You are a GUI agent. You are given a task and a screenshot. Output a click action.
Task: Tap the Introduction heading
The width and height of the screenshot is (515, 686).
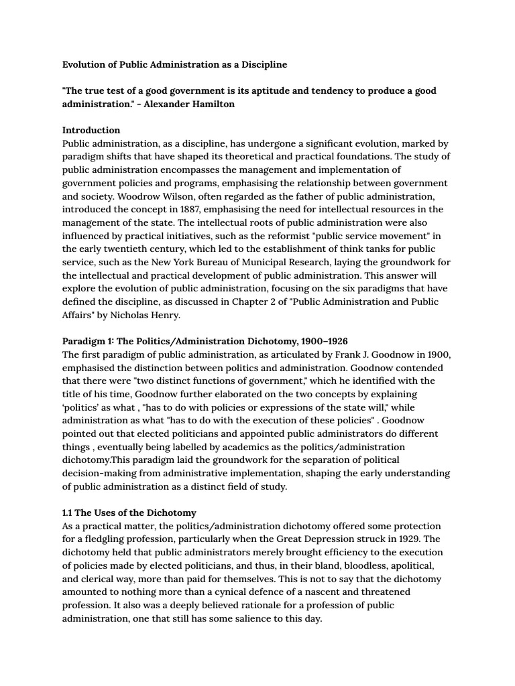[91, 130]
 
